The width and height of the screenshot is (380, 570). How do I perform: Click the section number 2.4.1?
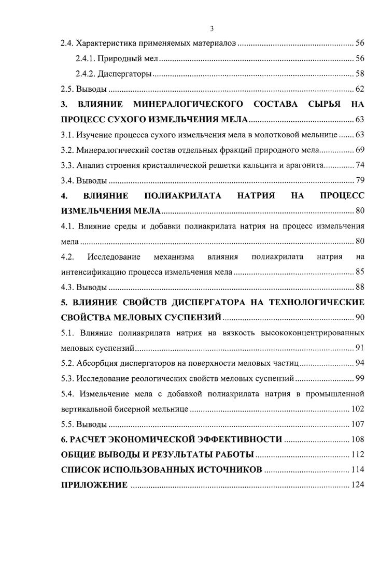click(x=85, y=59)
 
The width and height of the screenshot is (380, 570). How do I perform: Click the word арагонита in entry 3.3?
click(x=306, y=165)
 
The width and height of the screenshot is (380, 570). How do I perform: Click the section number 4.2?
click(x=68, y=256)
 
